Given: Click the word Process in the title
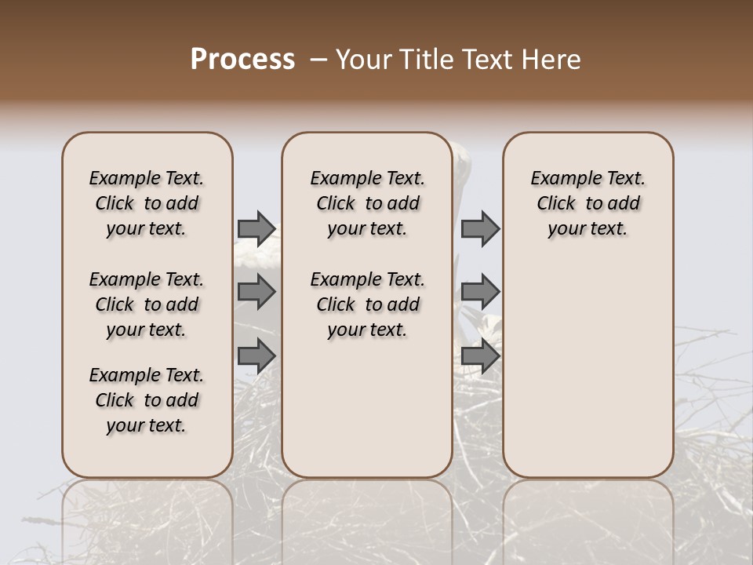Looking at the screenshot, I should [242, 60].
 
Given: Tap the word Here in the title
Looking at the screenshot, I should [551, 60].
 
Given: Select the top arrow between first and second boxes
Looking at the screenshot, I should [256, 228].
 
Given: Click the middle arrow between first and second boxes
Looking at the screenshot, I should [256, 292].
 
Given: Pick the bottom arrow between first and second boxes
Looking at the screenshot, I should [256, 355].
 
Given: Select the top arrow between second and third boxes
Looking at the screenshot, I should [480, 228].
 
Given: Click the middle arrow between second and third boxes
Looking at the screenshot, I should [480, 292].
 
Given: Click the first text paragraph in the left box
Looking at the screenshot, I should [147, 203].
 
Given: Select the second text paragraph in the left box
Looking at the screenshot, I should [147, 304].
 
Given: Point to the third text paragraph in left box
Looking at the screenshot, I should [147, 400].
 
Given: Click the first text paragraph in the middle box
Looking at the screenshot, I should [368, 203].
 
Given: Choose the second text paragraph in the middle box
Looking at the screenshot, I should [368, 304].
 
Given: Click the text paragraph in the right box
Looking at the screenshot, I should [588, 203].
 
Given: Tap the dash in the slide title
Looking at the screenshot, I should [318, 60].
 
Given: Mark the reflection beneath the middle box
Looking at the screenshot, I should [367, 510].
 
